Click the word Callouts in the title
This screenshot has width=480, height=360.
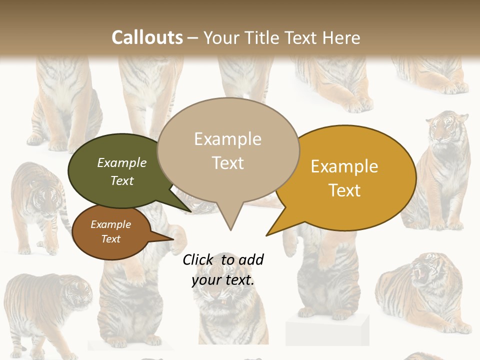(x=147, y=37)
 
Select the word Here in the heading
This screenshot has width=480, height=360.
(x=341, y=37)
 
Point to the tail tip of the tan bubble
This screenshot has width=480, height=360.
(x=230, y=229)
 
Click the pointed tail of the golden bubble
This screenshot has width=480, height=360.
(x=268, y=234)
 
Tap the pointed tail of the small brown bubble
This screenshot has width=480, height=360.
(x=171, y=239)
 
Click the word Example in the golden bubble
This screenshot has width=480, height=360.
(x=344, y=166)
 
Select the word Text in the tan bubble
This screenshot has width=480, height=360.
(x=228, y=163)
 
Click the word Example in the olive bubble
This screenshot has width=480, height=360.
(x=122, y=162)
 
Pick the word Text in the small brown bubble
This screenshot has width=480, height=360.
(x=111, y=239)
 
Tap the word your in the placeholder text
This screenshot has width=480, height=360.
(x=205, y=280)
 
